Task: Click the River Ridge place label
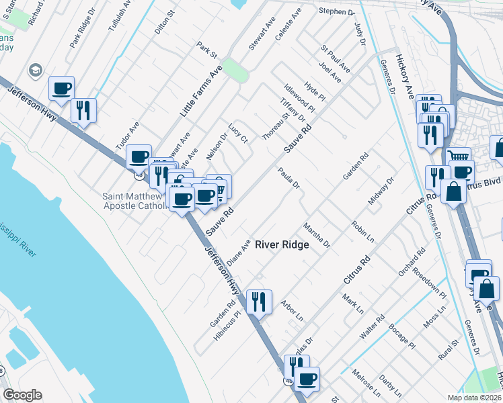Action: click(282, 244)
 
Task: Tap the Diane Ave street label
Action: click(239, 253)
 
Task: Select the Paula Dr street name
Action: click(288, 178)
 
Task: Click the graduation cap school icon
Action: click(34, 71)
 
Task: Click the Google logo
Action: click(23, 395)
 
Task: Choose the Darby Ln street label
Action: click(390, 386)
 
